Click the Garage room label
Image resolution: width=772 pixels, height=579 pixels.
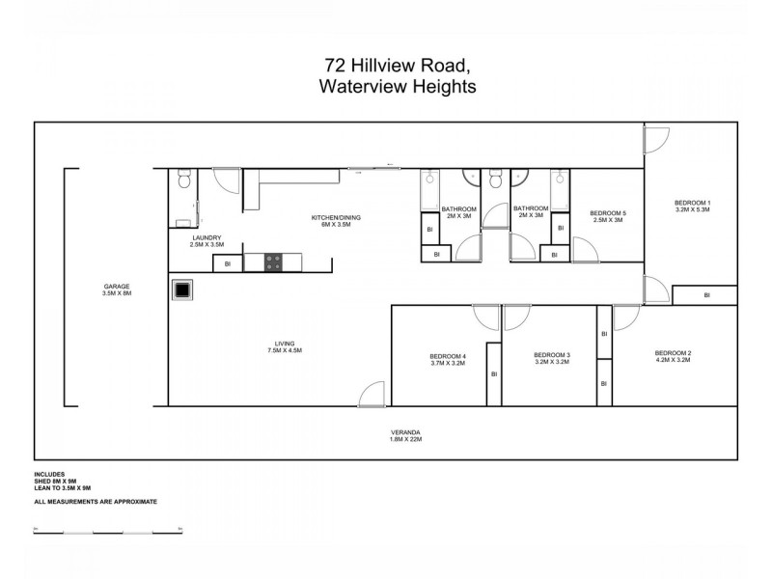(x=117, y=289)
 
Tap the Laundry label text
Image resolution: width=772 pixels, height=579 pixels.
(x=207, y=241)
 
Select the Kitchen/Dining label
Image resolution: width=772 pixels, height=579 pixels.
(x=335, y=221)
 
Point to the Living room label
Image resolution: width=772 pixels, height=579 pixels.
(x=285, y=346)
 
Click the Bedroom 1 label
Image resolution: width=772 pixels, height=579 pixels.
(x=692, y=206)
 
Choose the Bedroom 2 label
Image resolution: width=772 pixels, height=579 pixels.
(x=673, y=356)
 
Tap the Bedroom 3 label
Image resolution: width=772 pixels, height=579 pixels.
(x=552, y=359)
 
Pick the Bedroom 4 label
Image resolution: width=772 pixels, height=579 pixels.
(x=448, y=360)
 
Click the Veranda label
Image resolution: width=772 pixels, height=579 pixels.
(x=405, y=434)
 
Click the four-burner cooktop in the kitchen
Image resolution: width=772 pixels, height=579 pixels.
(x=273, y=262)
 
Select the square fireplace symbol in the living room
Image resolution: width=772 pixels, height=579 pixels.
(x=182, y=289)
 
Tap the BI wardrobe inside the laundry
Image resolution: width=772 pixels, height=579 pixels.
(x=227, y=262)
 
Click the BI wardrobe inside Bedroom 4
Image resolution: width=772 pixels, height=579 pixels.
(x=493, y=373)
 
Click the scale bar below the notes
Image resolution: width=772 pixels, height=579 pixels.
(x=107, y=531)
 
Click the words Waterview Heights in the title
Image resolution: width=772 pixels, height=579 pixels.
(x=397, y=87)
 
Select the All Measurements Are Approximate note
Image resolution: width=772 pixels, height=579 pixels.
(x=95, y=502)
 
